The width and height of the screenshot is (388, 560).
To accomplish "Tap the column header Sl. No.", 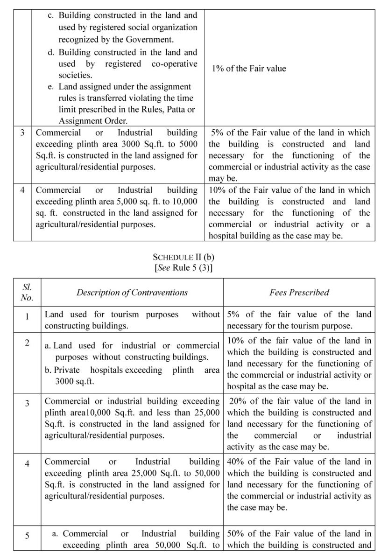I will [x=27, y=292].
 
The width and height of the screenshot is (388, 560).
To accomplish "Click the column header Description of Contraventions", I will [x=132, y=293].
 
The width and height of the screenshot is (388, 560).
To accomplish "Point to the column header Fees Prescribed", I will [x=299, y=293].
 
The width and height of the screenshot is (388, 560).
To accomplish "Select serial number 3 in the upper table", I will [x=22, y=133].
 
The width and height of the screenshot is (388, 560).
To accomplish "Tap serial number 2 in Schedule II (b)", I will [x=27, y=343].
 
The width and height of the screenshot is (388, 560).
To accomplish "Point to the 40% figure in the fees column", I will [x=237, y=462].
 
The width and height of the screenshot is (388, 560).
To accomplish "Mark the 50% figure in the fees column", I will [x=237, y=533].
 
